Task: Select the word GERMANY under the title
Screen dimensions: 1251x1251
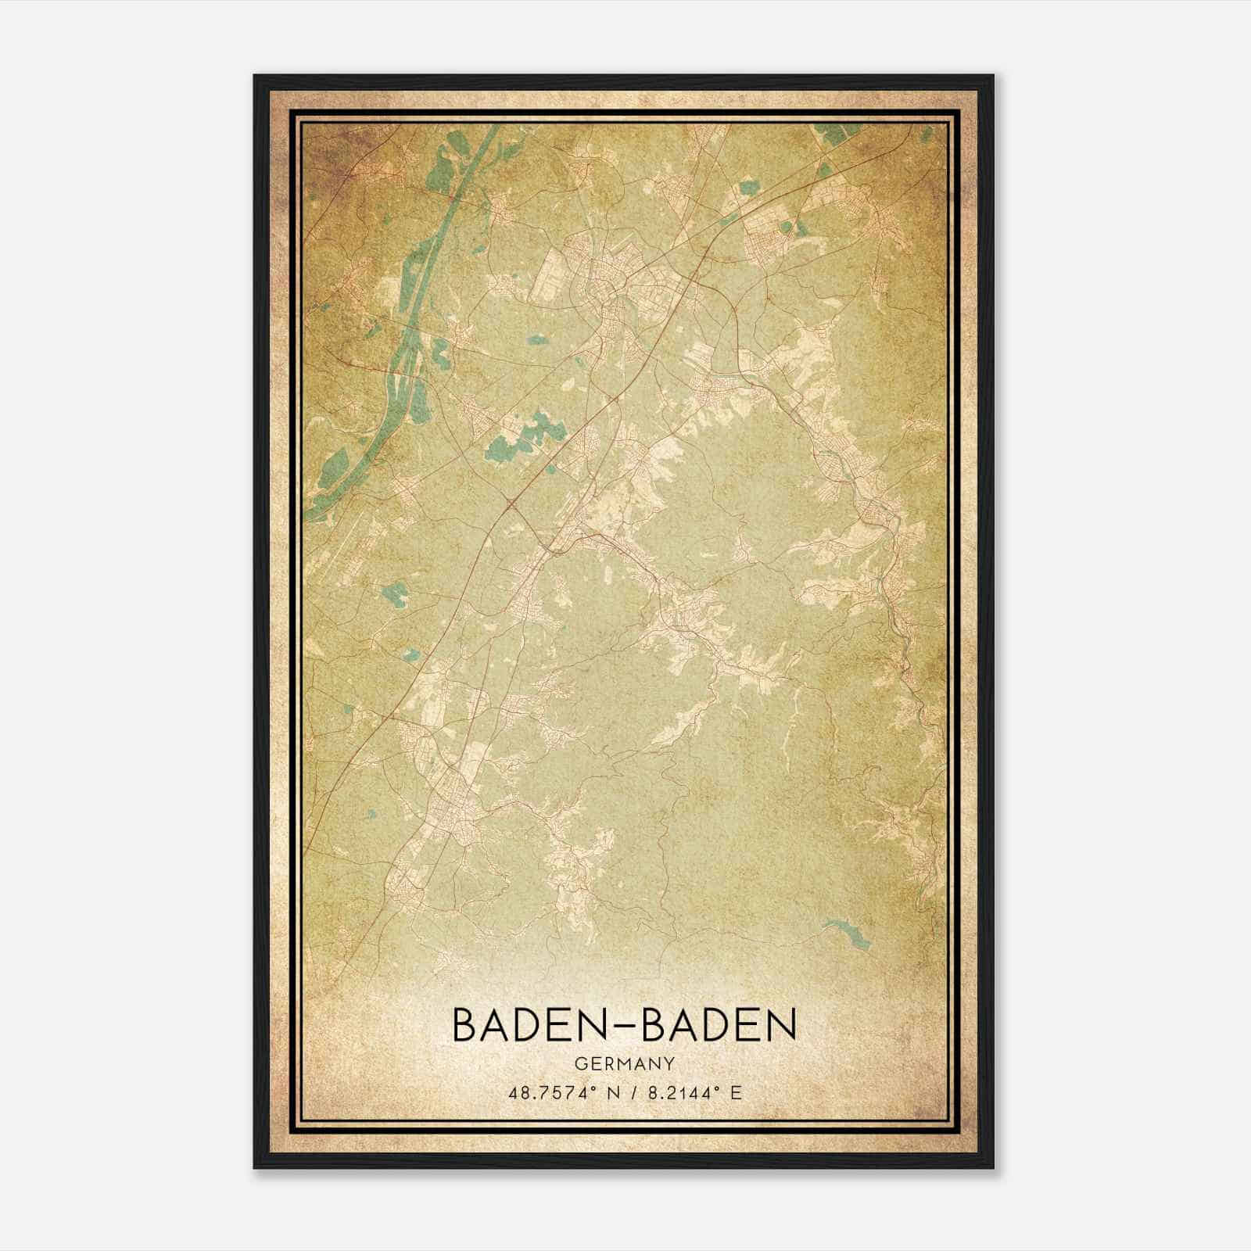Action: [625, 1064]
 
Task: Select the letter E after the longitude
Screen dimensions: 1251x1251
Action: [734, 1093]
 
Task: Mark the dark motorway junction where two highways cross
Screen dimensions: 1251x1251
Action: [510, 500]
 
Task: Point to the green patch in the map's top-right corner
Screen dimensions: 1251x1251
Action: [837, 134]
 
